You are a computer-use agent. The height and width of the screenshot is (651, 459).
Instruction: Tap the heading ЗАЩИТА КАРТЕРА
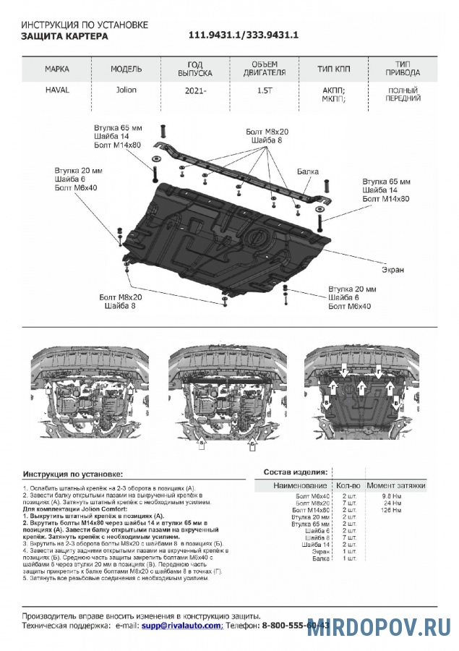coord(64,35)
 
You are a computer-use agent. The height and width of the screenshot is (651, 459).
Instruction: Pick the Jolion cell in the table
coord(126,90)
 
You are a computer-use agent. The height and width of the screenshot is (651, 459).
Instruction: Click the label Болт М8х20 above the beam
coord(267,132)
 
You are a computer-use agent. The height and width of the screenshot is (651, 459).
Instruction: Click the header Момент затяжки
coord(396,485)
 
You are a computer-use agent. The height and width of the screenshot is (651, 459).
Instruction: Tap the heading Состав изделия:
coord(296,471)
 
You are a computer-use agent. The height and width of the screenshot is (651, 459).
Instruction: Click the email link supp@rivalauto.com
coord(181,624)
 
